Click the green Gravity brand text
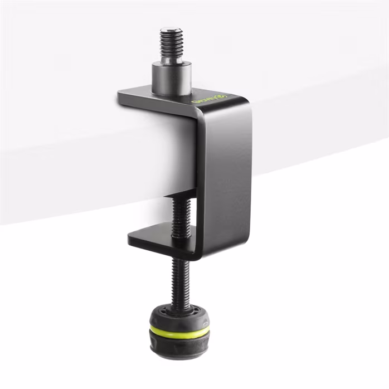click(x=206, y=101)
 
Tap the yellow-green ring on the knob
click(x=179, y=332)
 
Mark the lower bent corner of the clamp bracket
click(x=198, y=254)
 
